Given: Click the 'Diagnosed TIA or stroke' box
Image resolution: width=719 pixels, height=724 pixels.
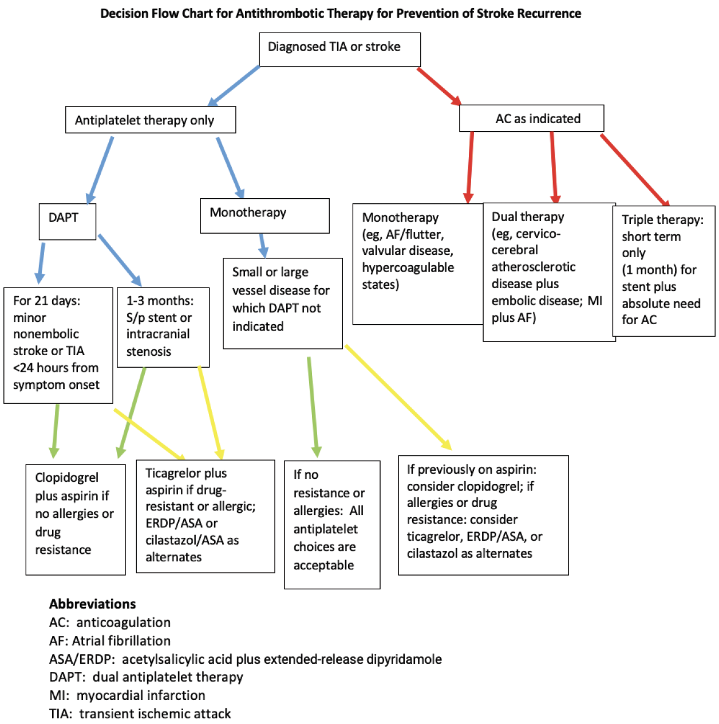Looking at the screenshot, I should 339,49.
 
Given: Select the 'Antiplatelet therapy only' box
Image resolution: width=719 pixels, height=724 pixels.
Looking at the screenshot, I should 151,120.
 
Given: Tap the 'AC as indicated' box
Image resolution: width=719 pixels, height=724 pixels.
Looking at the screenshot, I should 531,119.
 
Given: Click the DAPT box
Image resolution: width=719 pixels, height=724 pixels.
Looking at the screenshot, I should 67,221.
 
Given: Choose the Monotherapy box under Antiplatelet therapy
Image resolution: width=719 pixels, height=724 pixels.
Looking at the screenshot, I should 264,215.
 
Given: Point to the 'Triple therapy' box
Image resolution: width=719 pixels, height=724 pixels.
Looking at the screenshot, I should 663,270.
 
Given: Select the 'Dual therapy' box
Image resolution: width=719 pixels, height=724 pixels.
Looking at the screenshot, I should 548,271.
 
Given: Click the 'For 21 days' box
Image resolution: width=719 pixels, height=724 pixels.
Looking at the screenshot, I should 58,345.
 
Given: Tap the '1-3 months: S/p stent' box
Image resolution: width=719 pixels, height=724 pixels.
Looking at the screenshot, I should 163,326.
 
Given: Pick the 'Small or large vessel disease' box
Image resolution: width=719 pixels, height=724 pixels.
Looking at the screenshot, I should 282,302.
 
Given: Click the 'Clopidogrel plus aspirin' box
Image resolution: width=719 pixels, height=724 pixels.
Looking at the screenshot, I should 75,518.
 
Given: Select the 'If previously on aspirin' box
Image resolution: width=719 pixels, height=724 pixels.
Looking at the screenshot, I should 483,514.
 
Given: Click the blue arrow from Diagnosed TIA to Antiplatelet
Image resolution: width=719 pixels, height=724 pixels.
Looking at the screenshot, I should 235,86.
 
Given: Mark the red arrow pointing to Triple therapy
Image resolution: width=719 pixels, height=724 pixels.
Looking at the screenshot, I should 634,170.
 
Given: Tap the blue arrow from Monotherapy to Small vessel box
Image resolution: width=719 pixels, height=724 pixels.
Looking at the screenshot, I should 263,245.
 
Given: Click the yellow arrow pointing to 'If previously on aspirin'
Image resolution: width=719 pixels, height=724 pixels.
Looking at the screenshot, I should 398,396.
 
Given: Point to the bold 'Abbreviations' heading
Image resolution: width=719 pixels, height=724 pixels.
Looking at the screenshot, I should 92,604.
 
